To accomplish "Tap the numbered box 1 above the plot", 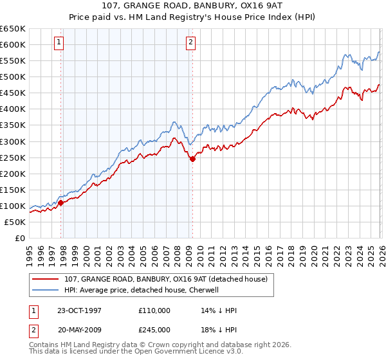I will pyautogui.click(x=59, y=43).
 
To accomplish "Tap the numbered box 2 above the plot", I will pyautogui.click(x=191, y=43).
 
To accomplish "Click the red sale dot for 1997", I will pyautogui.click(x=61, y=203).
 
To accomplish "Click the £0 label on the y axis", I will pyautogui.click(x=19, y=238).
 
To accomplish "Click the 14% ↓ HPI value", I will pyautogui.click(x=219, y=310).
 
